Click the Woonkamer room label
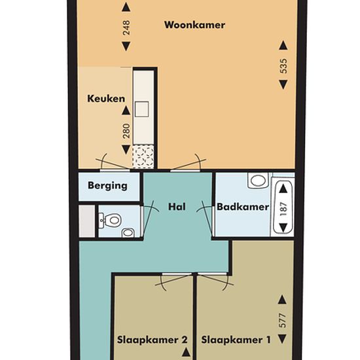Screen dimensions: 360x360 pos(194,25)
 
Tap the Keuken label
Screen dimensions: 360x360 pos(106,99)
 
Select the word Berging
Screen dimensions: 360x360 pos(107,185)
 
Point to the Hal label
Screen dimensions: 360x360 pos(177,207)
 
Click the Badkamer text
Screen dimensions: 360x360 pos(243,207)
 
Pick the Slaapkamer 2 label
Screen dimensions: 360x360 pos(153,340)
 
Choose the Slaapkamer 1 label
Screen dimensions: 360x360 pos(236,340)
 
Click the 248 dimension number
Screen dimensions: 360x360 pos(126,27)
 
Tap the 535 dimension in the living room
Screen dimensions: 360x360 pos(283,66)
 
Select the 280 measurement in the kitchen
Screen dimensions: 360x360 pos(126,131)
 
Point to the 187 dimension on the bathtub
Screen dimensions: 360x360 pos(283,208)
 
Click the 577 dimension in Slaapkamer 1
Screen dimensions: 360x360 pos(283,320)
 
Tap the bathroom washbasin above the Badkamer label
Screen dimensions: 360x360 pos(258,180)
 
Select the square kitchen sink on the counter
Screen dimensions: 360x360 pos(141,109)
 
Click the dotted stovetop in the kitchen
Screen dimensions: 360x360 pos(143,157)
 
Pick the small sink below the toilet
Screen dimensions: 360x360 pos(128,232)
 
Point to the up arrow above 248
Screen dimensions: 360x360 pos(126,7)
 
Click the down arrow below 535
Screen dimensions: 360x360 pos(283,84)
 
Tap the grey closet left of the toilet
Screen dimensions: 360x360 pos(87,221)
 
